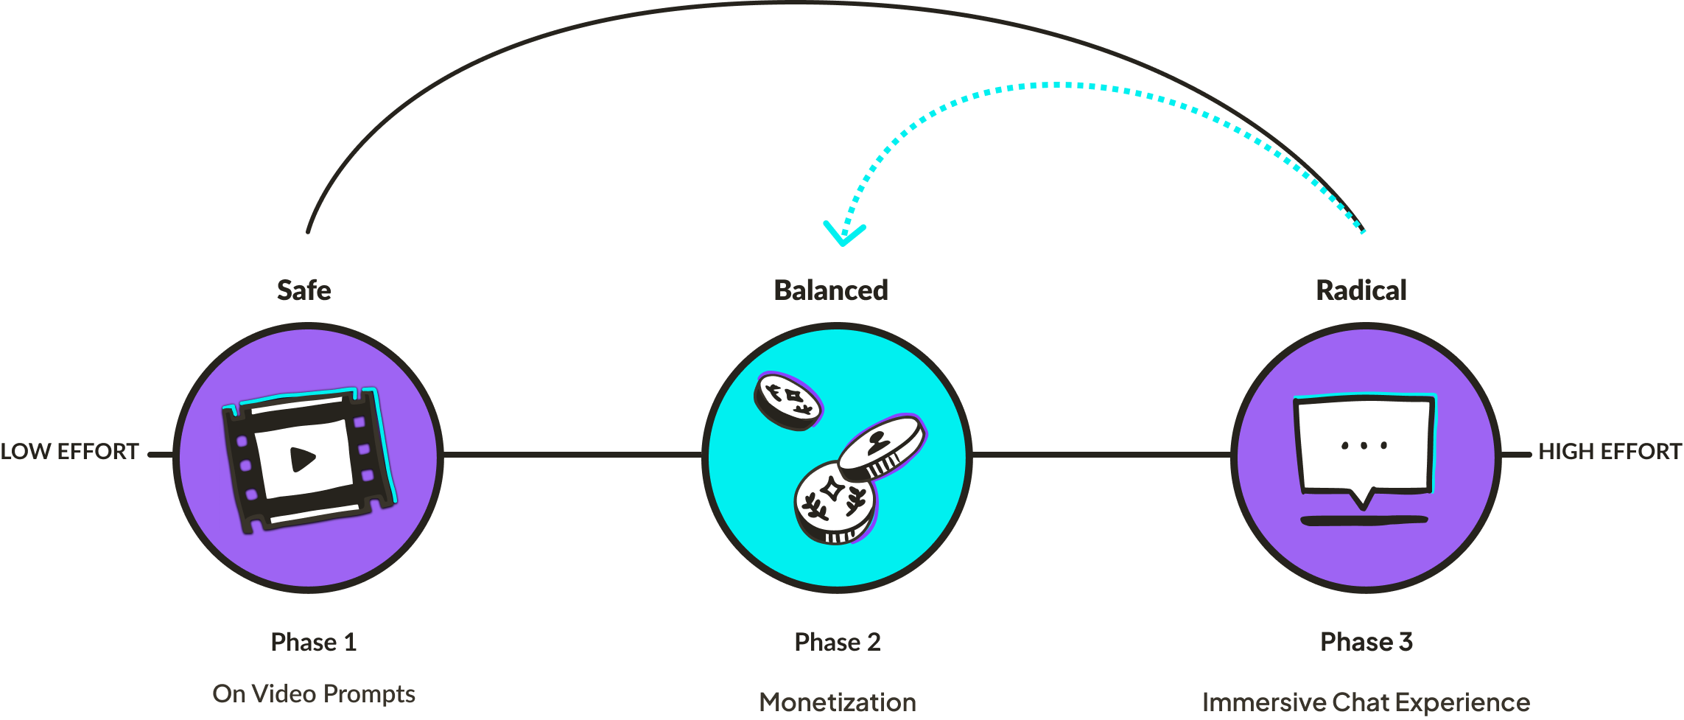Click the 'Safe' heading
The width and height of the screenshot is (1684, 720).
[304, 290]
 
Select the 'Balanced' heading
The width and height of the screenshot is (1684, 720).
[831, 290]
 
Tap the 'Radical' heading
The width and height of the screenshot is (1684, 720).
[1361, 290]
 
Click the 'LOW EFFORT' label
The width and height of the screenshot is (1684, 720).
[70, 452]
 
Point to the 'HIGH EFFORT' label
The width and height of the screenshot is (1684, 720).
[1610, 452]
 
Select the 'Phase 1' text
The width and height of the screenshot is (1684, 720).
[314, 642]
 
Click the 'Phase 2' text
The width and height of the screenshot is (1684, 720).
[838, 642]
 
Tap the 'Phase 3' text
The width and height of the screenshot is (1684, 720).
[1367, 642]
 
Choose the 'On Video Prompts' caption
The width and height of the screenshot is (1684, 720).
[314, 693]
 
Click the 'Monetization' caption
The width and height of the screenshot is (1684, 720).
[838, 702]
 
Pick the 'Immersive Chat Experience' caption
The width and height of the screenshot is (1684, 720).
[1366, 702]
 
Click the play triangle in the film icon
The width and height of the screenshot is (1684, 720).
[302, 459]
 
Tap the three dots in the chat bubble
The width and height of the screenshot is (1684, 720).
[1364, 445]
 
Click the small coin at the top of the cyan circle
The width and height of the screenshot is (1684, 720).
[787, 400]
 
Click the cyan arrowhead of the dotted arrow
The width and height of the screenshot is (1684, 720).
[844, 234]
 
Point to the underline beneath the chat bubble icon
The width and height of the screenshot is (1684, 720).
[1364, 521]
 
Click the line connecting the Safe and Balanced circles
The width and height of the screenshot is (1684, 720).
[572, 455]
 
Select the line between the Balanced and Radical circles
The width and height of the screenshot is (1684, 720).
[1101, 455]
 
